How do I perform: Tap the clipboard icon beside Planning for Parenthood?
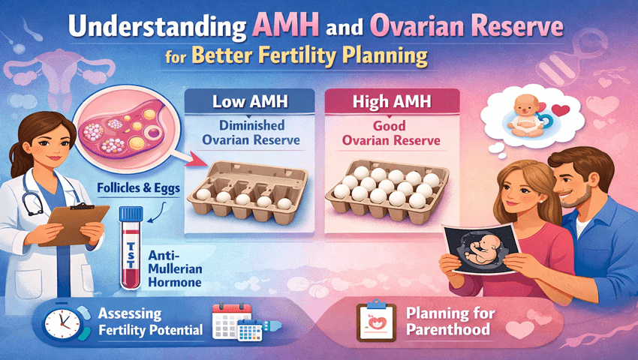pyautogui.click(x=374, y=320)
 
